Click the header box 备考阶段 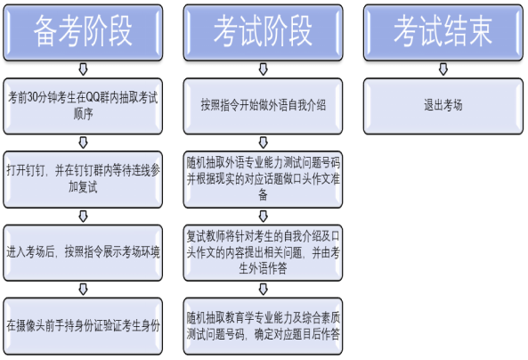click(x=83, y=32)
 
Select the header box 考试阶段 click(x=263, y=32)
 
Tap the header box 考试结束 click(x=443, y=32)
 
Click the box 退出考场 click(x=443, y=106)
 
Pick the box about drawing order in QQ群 click(x=83, y=106)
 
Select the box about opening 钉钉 click(x=83, y=179)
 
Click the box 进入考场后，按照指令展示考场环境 click(x=83, y=252)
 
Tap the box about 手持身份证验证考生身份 click(x=83, y=326)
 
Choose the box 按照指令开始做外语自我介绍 click(x=263, y=106)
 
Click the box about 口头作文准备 click(x=263, y=179)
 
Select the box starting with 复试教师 click(x=263, y=252)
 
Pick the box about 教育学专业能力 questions click(x=263, y=326)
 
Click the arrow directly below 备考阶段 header click(x=83, y=70)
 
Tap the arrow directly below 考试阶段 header click(x=263, y=70)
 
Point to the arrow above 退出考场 click(x=443, y=70)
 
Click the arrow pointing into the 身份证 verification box click(x=83, y=290)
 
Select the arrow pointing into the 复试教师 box click(x=263, y=216)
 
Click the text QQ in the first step click(x=93, y=98)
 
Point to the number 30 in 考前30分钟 click(x=32, y=98)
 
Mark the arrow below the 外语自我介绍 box click(x=263, y=143)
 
